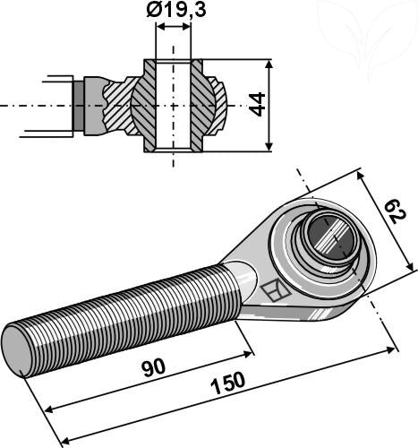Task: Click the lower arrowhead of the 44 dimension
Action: tap(268, 146)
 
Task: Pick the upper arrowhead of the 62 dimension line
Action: tap(362, 172)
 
